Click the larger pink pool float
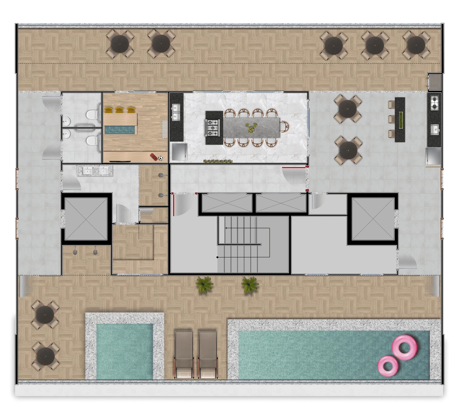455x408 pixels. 405,347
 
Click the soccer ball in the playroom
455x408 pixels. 160,158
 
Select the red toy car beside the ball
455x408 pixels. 154,157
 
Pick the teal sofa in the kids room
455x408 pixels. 120,130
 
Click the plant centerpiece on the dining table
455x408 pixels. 251,128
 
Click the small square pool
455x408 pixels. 124,351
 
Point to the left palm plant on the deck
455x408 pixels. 204,284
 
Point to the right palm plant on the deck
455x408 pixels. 250,284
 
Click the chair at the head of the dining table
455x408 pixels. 285,127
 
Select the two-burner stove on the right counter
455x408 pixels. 434,102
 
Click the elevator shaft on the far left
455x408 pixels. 86,219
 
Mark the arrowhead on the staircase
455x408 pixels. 226,228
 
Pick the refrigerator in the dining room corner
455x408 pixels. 179,152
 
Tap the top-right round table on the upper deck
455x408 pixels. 416,45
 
